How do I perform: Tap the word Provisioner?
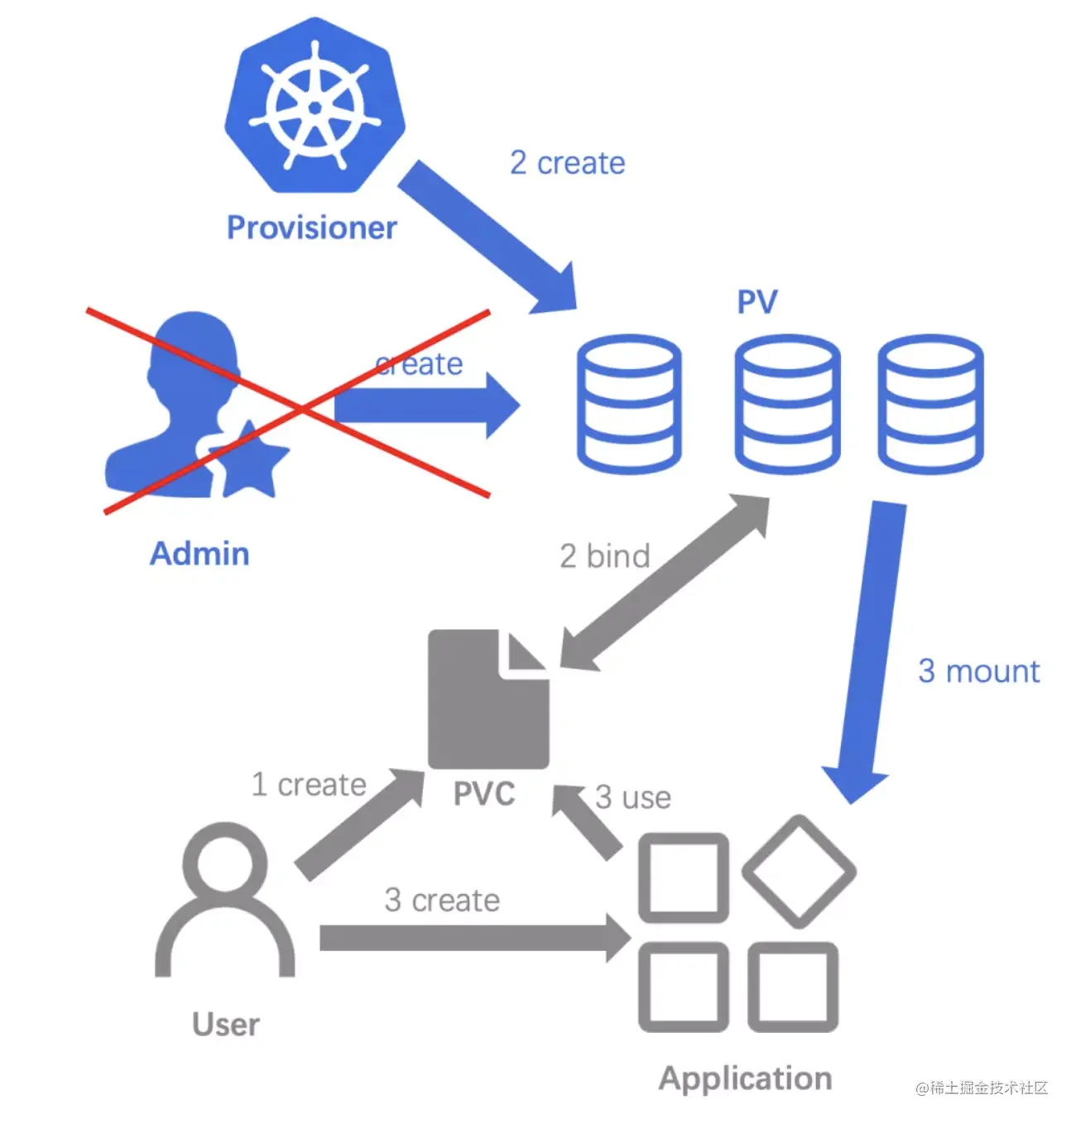[312, 228]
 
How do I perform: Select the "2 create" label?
[567, 163]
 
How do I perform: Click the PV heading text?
[757, 302]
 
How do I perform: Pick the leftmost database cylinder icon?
[629, 403]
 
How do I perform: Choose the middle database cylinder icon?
[787, 403]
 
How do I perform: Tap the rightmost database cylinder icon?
[930, 403]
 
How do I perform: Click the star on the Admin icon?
[249, 459]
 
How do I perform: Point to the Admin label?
[199, 553]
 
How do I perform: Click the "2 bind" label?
[605, 556]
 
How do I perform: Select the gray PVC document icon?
[488, 699]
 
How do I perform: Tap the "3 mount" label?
[979, 671]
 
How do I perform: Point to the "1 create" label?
[309, 784]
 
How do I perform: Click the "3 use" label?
[633, 797]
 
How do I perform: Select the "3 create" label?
[442, 900]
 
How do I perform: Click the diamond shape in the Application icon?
[799, 872]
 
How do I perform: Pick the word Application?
[745, 1078]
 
